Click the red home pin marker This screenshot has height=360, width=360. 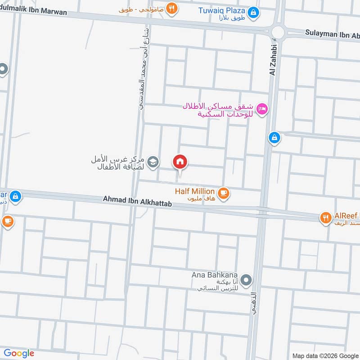180,162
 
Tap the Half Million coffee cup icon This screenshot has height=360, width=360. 223,193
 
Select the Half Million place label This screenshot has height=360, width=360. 195,192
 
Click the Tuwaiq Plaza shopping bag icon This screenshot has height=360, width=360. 254,12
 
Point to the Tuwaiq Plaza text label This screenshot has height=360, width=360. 222,10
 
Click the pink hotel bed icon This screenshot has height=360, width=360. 262,108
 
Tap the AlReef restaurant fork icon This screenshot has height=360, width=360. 325,218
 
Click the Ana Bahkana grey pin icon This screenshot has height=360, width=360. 246,281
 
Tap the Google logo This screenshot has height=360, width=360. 19,353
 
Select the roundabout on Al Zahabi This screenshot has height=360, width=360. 278,32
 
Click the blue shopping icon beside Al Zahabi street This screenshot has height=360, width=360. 274,138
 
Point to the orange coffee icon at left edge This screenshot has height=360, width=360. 7,221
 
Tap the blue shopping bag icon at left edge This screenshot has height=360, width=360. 15,196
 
